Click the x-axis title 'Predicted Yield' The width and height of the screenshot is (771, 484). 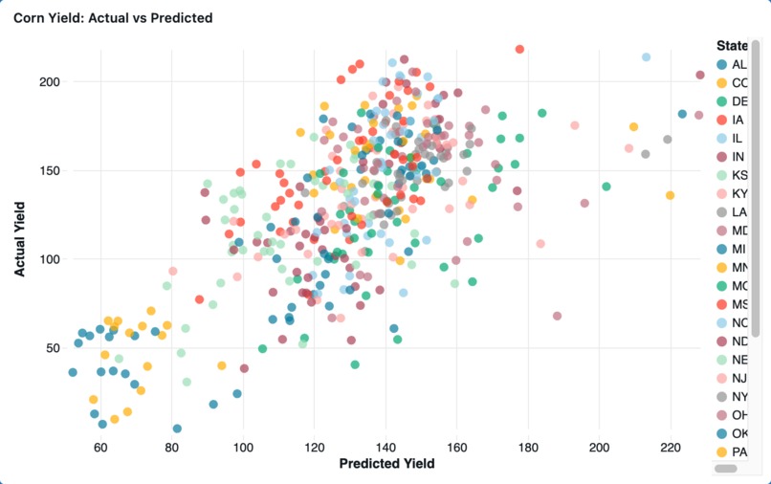coord(386,464)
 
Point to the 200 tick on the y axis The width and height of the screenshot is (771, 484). coord(50,82)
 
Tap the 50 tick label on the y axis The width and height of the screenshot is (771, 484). coord(54,347)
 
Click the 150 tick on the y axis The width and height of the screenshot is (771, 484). coord(50,170)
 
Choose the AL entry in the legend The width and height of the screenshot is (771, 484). coord(738,65)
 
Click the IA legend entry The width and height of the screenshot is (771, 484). coord(738,121)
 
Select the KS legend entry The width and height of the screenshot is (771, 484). coord(738,175)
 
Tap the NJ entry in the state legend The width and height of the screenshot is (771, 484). coord(738,378)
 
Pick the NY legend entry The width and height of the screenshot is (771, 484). coord(738,396)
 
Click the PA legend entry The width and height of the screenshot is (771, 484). coord(738,451)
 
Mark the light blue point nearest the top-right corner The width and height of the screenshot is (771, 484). coord(646,57)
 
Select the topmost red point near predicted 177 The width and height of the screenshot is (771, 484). coord(519,50)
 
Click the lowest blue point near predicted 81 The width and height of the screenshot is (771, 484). coord(177,429)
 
